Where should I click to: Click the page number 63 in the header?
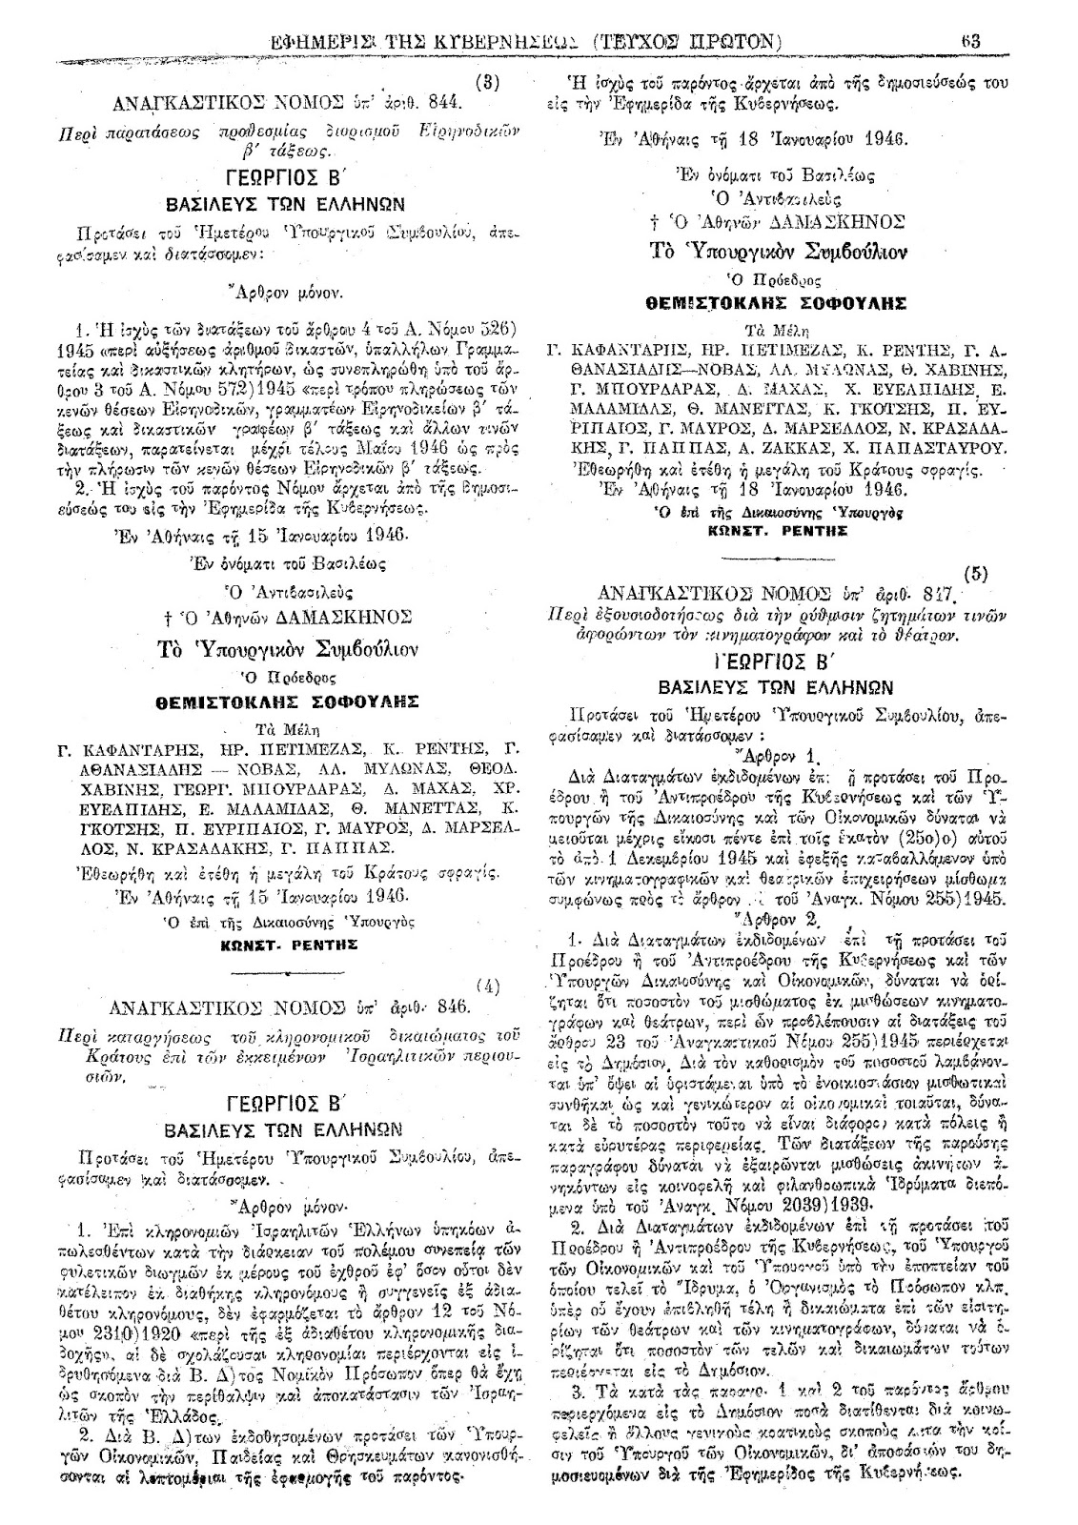972,41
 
